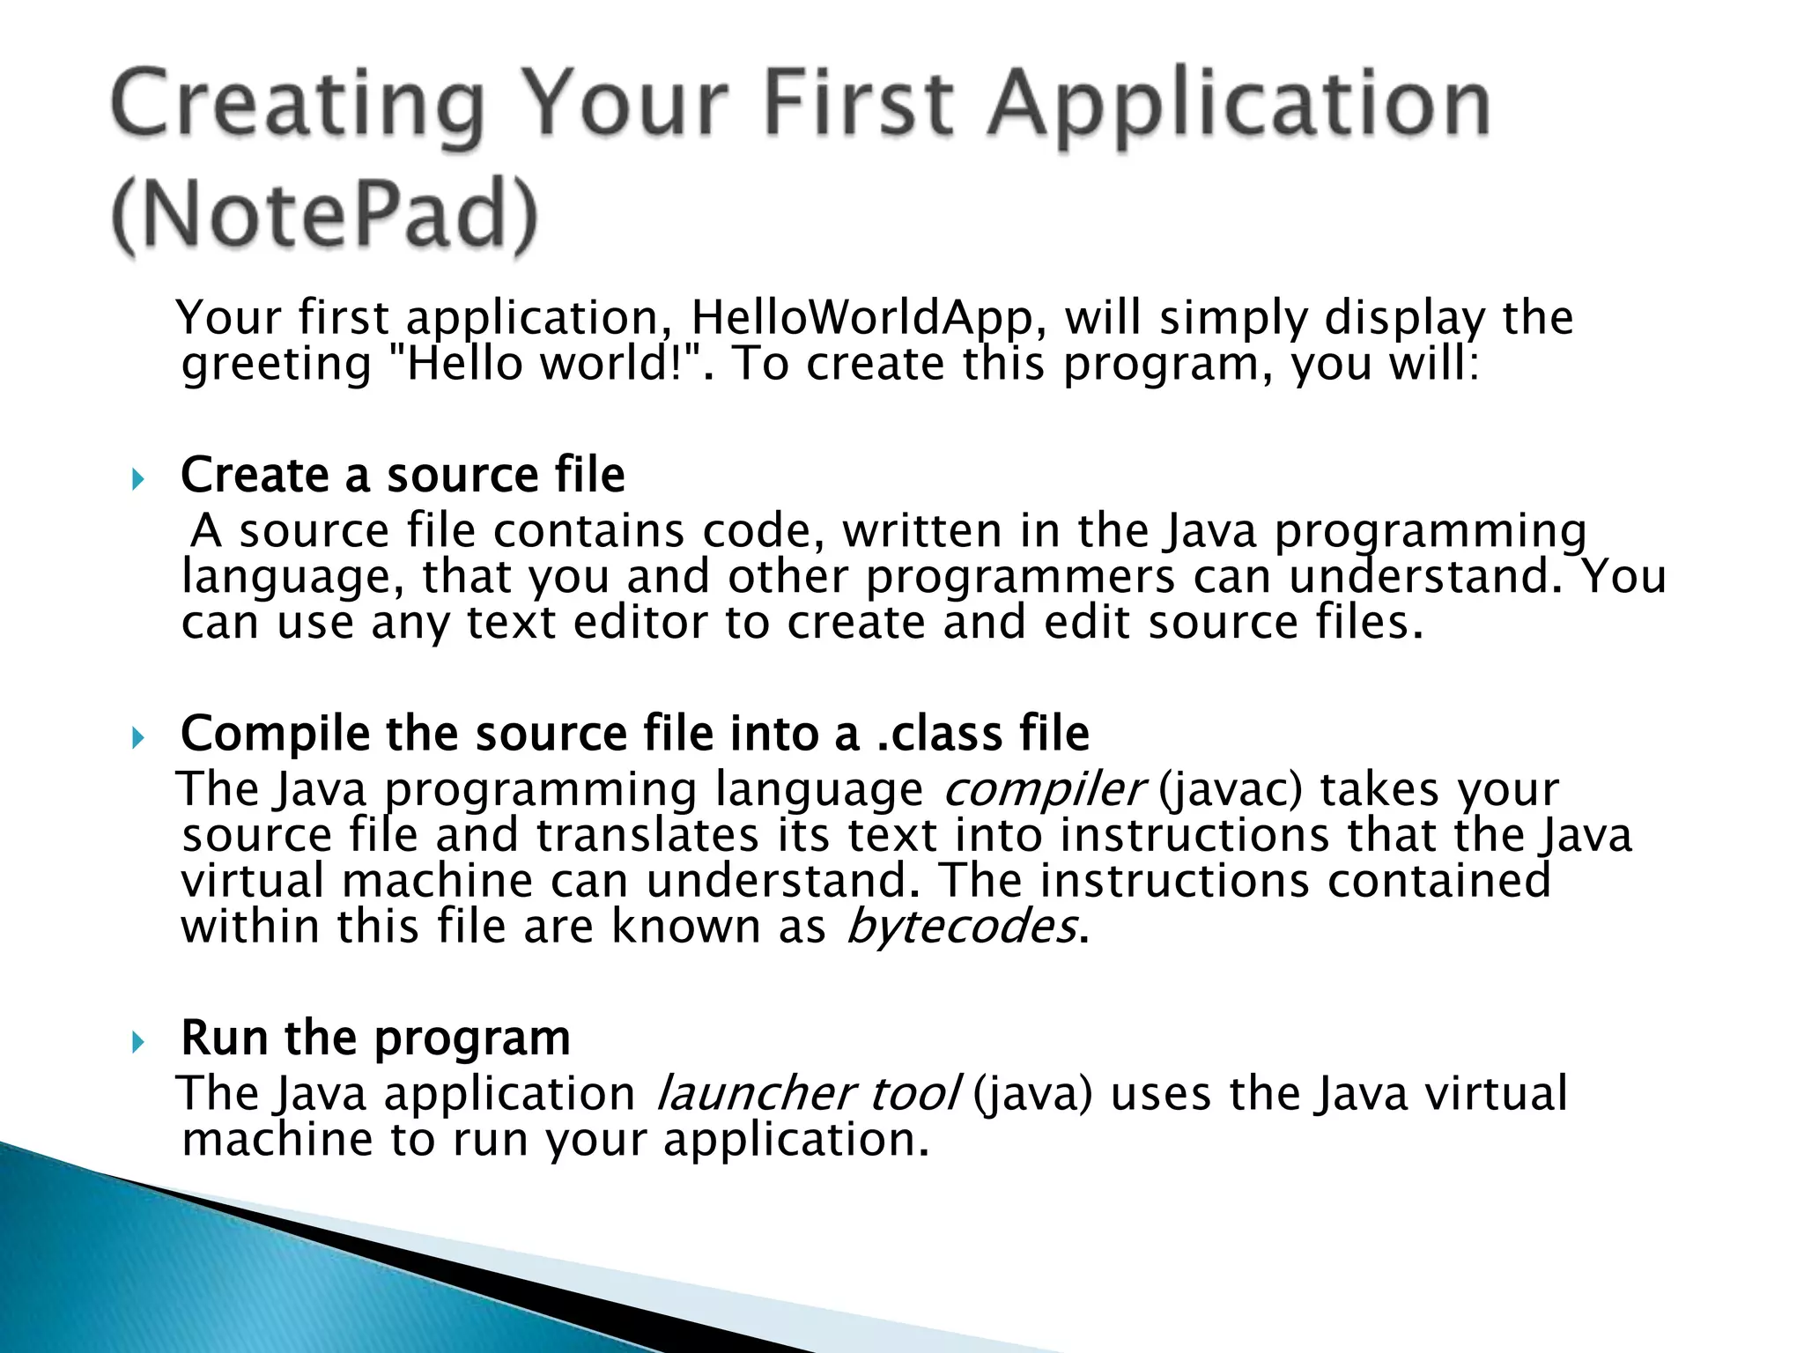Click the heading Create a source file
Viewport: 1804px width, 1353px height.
[x=403, y=475]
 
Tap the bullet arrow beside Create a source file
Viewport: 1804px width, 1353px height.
[x=137, y=480]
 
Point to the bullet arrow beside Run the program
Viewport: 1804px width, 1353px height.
[x=137, y=1043]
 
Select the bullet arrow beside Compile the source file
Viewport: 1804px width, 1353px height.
[x=137, y=738]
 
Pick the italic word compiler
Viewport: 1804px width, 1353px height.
[x=1044, y=788]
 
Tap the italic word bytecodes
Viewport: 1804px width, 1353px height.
[x=960, y=926]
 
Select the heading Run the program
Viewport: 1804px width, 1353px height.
[x=375, y=1038]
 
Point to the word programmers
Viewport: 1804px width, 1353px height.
[x=1020, y=577]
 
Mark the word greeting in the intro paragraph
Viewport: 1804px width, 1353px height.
[x=277, y=364]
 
